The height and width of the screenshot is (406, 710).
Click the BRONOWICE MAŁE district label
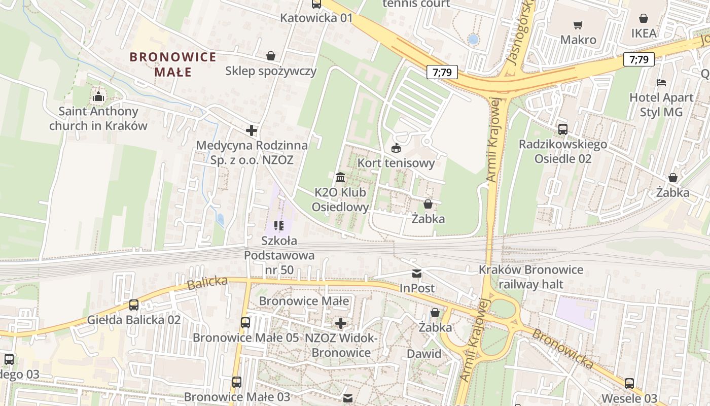[173, 64]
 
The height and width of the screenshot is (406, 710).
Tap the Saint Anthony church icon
[98, 96]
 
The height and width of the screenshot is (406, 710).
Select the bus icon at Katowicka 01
[316, 5]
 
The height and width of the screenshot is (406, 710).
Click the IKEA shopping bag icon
[644, 19]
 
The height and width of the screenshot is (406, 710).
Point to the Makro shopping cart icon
[578, 25]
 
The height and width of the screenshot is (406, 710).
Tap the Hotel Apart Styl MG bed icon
[661, 83]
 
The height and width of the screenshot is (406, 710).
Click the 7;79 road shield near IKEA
[638, 59]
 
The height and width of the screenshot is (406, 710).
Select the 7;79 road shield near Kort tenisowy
[442, 72]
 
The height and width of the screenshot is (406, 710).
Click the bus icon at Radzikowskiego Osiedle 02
[563, 129]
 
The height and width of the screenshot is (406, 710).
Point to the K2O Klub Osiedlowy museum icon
[340, 178]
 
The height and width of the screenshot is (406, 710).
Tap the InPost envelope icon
[417, 274]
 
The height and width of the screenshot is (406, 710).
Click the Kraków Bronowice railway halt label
[531, 277]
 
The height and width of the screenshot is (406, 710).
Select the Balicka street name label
[207, 283]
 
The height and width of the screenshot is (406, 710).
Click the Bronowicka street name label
[563, 349]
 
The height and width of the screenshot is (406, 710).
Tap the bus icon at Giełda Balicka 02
[134, 305]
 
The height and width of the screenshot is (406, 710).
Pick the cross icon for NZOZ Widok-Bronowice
[341, 323]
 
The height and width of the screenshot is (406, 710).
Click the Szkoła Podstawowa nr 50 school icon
[278, 225]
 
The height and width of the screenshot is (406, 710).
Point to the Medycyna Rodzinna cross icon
[252, 131]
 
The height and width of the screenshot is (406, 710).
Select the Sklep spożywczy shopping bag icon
[271, 56]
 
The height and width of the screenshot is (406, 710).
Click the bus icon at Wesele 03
[629, 383]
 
